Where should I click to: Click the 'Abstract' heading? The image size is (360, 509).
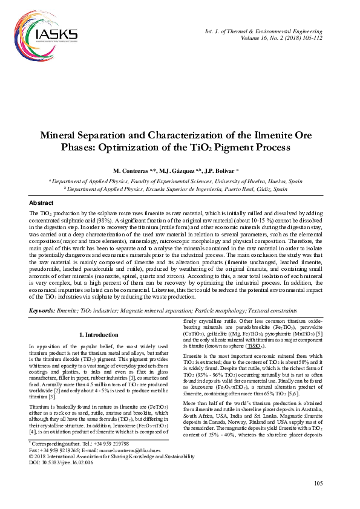pyautogui.click(x=42, y=203)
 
